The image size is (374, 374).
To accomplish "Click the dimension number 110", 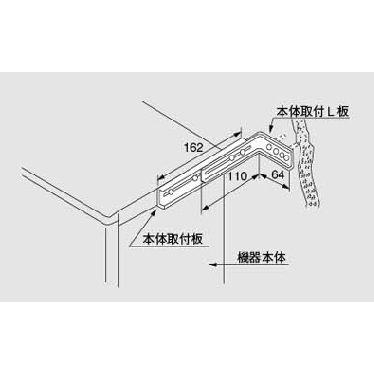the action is click(237, 177).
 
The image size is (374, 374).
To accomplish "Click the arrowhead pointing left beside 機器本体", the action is click(209, 265).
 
